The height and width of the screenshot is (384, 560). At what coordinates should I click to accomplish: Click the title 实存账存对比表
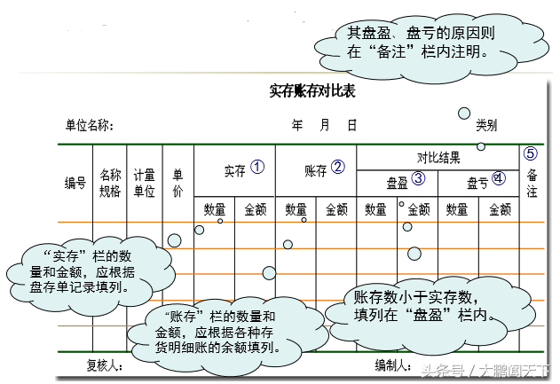(x=312, y=90)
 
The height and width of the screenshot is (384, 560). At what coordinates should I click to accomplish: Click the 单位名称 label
(x=89, y=125)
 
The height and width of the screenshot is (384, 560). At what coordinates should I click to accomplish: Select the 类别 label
(x=485, y=125)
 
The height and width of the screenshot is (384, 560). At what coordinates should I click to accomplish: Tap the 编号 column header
(x=75, y=184)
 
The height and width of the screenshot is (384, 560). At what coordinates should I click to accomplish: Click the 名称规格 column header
(x=110, y=184)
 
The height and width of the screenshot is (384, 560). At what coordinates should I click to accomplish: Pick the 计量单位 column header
(x=144, y=184)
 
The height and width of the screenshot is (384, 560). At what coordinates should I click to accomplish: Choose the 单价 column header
(x=177, y=184)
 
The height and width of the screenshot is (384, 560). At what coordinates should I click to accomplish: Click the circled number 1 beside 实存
(x=257, y=167)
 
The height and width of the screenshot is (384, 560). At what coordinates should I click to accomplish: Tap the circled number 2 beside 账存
(x=337, y=167)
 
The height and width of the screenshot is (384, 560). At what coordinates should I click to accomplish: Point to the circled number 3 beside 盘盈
(x=418, y=177)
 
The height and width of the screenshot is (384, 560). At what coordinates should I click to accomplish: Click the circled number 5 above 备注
(x=531, y=153)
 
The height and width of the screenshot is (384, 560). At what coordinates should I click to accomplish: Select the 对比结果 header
(x=438, y=158)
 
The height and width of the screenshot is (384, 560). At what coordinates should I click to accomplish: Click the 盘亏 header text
(x=477, y=183)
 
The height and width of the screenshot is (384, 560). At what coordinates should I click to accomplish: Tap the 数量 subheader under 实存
(x=214, y=210)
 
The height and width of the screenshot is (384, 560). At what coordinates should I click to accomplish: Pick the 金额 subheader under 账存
(x=336, y=210)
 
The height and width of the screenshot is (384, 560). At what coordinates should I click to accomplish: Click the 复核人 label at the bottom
(x=104, y=365)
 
